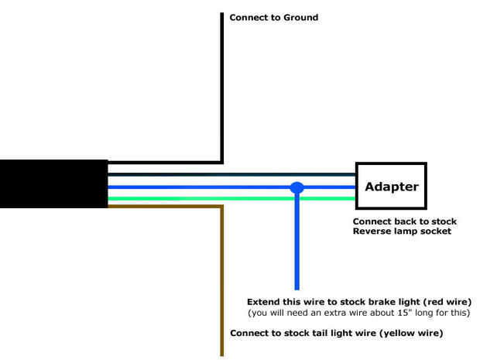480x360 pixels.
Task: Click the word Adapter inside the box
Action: click(x=391, y=187)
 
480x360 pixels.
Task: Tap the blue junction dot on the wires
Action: click(x=297, y=187)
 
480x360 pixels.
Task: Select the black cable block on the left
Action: click(x=53, y=183)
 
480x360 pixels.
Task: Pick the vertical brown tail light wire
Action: click(x=222, y=286)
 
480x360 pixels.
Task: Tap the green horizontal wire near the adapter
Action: click(x=325, y=199)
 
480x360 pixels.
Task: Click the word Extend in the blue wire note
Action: click(x=266, y=301)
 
